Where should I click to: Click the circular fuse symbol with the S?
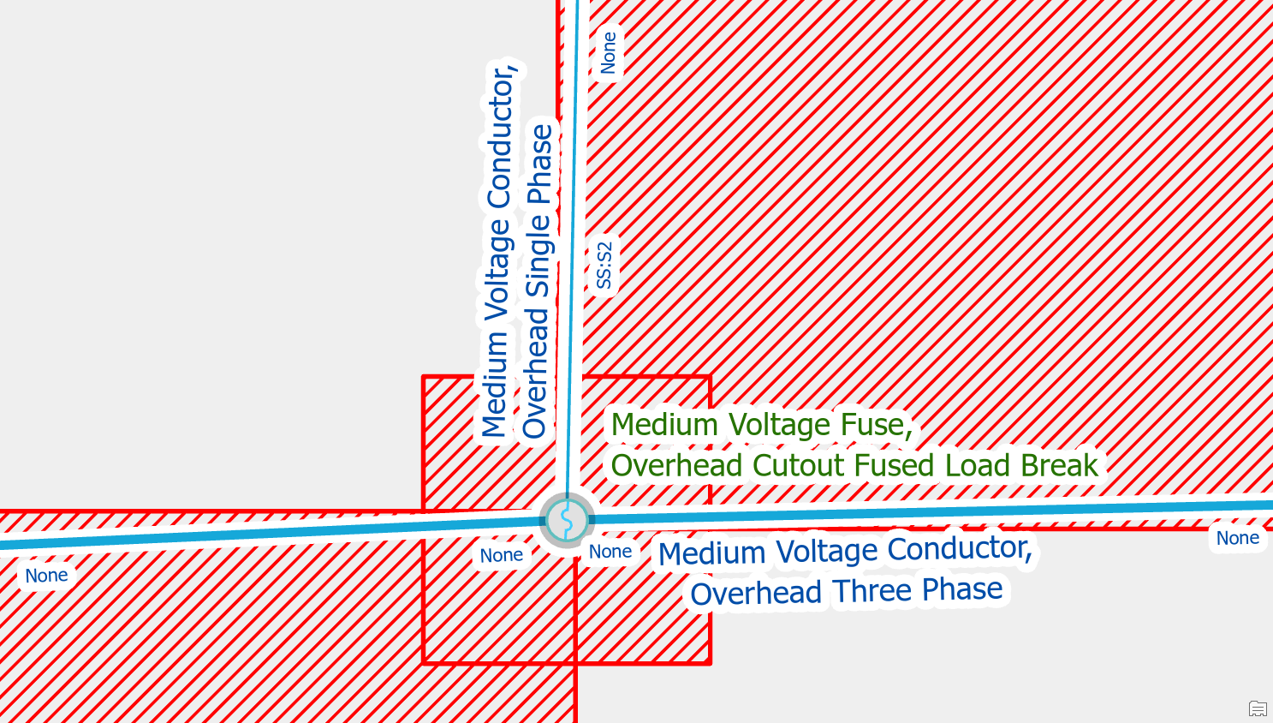567,520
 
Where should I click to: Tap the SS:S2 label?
604,266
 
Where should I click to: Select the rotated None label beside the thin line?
609,53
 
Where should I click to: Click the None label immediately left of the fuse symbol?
501,555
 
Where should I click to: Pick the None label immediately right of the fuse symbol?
610,552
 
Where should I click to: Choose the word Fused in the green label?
895,466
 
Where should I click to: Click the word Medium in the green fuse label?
664,425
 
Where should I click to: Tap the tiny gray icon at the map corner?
1258,708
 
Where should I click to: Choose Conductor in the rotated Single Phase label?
501,137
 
